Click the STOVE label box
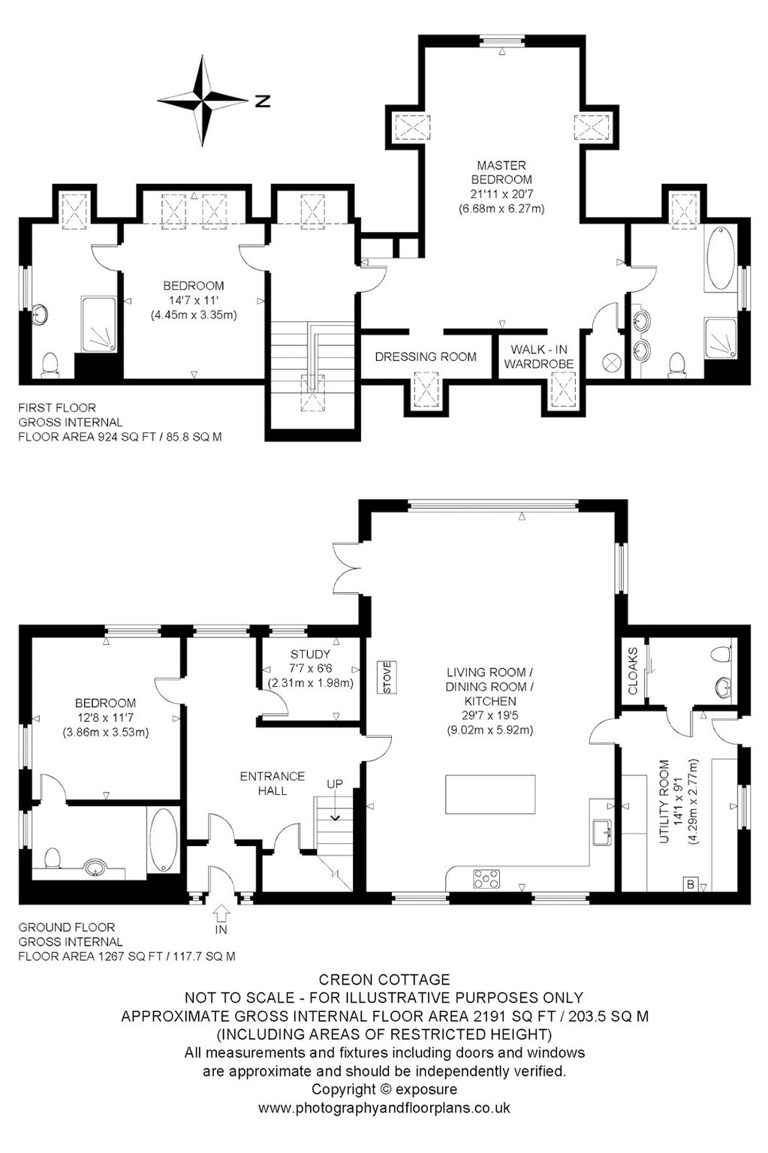tap(387, 677)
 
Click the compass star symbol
tap(202, 101)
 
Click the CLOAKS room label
tap(633, 670)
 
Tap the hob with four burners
tap(486, 879)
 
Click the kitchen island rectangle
tap(490, 794)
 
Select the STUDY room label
tap(310, 654)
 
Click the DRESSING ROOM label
tap(426, 357)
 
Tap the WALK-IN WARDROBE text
tap(538, 357)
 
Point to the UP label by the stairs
tap(335, 784)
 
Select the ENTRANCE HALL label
tap(273, 784)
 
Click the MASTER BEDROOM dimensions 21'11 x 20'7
tap(501, 194)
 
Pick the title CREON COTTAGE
tap(384, 979)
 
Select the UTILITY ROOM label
tap(664, 802)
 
